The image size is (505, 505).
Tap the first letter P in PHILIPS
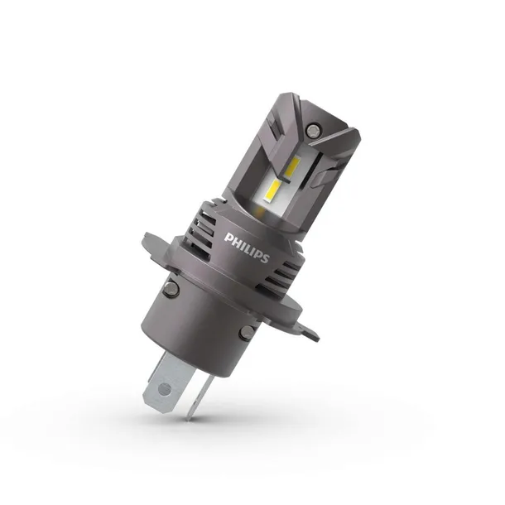point(228,236)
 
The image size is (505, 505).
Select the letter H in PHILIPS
point(234,239)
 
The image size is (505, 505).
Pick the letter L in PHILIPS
point(247,246)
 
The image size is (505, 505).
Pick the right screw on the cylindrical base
point(246,333)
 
